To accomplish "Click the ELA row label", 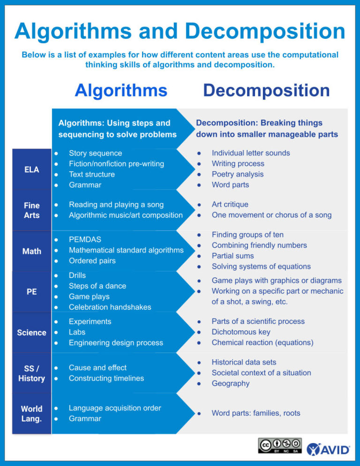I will point(31,169).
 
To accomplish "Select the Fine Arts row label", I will point(31,210).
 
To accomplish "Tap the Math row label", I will point(31,251).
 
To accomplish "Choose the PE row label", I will point(31,292).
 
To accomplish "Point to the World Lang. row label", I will point(31,413).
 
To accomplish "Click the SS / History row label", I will point(31,373).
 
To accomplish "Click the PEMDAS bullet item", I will point(85,240).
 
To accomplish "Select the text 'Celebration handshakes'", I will point(110,307).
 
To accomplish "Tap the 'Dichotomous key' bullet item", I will point(241,332).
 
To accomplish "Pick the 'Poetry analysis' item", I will point(237,174).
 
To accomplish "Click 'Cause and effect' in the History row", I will point(97,368).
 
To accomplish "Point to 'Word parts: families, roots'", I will point(255,413).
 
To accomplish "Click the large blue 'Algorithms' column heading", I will point(120,90).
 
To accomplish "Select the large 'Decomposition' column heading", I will point(266,90).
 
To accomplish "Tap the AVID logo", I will point(329,449).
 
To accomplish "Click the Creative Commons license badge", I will point(279,445).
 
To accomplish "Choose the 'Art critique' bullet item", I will point(230,204).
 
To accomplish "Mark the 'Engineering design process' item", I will point(116,343).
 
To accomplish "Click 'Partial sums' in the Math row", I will point(232,256).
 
